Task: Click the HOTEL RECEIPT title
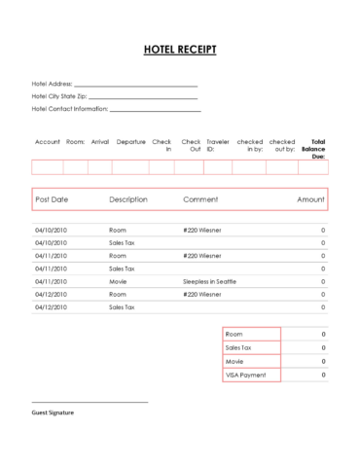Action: point(180,50)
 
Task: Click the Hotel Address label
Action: point(52,85)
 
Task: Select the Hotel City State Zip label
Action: point(58,96)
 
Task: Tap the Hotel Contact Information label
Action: point(69,109)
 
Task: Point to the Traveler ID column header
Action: point(218,145)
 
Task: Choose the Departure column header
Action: point(130,142)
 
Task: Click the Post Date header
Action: point(52,199)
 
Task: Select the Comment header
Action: point(199,199)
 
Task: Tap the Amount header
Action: point(310,199)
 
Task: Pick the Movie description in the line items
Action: point(119,280)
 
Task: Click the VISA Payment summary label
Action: point(244,374)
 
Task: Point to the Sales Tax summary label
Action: point(238,347)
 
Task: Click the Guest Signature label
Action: point(53,412)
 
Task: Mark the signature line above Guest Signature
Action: point(90,402)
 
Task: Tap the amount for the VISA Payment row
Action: point(323,374)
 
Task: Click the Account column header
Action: point(48,142)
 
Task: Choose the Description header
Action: point(128,199)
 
